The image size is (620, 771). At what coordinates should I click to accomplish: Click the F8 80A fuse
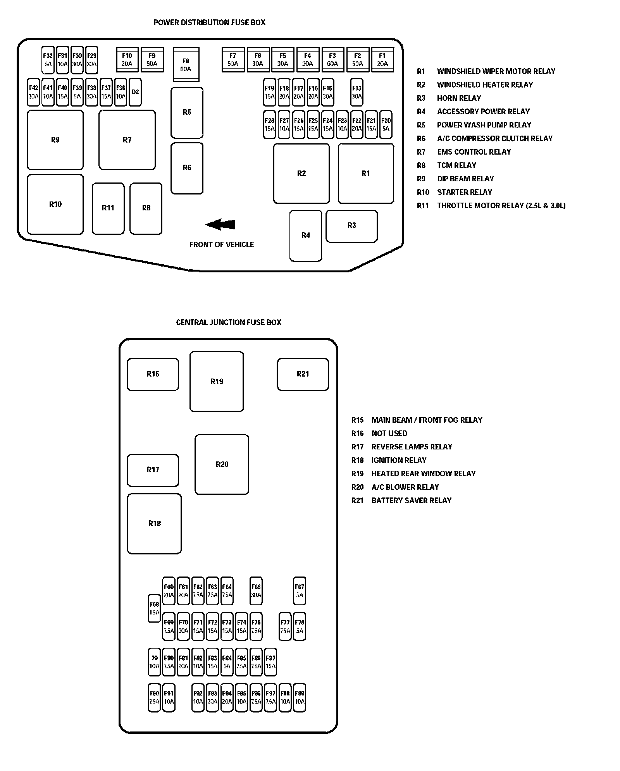pos(186,65)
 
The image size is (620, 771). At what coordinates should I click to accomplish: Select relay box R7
pos(127,140)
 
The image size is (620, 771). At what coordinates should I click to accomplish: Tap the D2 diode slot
pos(135,92)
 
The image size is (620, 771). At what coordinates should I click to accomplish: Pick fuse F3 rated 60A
pos(332,60)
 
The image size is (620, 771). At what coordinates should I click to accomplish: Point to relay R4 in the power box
pos(306,236)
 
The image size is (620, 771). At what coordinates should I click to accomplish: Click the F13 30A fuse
pos(356,92)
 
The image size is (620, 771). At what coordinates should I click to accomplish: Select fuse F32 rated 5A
pos(48,60)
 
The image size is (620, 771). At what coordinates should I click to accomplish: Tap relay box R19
pos(217,381)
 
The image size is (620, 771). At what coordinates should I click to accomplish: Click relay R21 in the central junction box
pos(303,374)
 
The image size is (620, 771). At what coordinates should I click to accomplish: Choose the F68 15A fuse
pos(154,608)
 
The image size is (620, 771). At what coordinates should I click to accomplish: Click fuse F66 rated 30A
pos(256,590)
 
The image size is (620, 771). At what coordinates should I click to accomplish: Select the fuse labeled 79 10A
pos(154,662)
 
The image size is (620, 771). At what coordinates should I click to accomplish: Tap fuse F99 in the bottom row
pos(300,698)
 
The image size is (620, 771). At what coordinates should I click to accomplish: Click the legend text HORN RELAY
pos(459,98)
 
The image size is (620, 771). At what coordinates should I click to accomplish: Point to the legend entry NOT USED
pos(389,433)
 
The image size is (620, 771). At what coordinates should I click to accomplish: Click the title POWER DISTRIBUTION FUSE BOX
pos(210,22)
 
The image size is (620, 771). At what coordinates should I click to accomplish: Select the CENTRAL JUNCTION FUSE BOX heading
pos(229,322)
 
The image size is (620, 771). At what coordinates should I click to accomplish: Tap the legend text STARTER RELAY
pos(464,192)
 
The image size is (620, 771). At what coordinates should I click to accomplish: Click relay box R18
pos(154,523)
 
